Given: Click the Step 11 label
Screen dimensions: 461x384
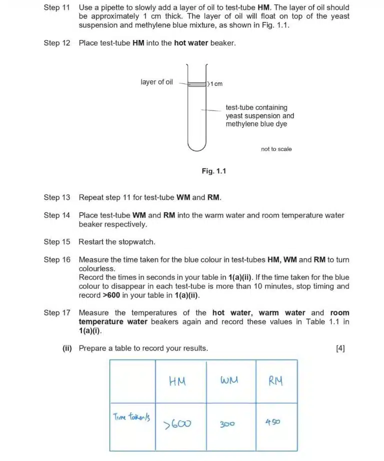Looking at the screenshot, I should click(x=56, y=7).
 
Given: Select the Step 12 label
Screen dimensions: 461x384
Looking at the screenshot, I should click(x=56, y=43).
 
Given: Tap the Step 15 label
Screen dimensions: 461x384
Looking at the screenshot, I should click(x=56, y=242).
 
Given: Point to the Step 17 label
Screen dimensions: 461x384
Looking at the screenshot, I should click(x=56, y=313).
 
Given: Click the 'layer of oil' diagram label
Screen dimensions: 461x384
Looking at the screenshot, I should click(x=156, y=82).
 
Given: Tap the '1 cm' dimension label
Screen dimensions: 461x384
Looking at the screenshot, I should click(x=215, y=84).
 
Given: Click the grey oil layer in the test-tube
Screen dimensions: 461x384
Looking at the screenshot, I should click(x=196, y=84).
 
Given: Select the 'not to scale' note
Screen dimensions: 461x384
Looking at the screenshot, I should click(x=276, y=149).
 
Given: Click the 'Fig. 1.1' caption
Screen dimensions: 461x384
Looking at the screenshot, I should click(x=214, y=171).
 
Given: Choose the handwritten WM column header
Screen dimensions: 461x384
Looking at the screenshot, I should click(x=229, y=380).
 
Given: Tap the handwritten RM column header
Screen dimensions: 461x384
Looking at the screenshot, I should click(x=276, y=381).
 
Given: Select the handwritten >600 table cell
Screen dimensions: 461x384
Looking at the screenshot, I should click(x=177, y=424).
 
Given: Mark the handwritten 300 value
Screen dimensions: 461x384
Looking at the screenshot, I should click(x=227, y=424).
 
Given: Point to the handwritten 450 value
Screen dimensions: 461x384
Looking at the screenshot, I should click(x=272, y=422).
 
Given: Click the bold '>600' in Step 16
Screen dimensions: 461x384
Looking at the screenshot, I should click(x=111, y=295).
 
